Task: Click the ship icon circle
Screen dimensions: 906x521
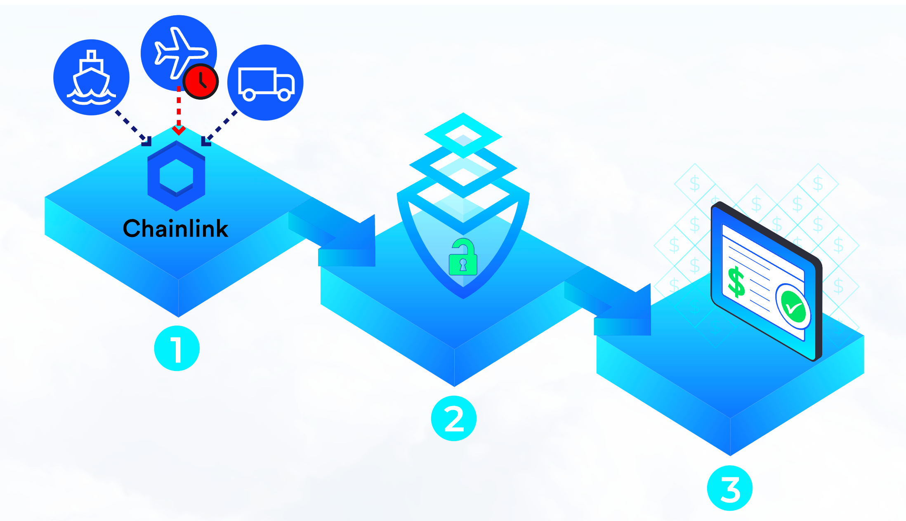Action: coord(91,77)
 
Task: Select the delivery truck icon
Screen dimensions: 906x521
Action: coord(266,83)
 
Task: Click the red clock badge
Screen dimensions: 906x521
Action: coord(201,81)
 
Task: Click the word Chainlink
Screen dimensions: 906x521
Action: coord(175,229)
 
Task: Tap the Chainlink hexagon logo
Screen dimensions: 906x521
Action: coord(176,176)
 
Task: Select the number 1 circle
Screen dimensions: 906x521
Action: coord(177,348)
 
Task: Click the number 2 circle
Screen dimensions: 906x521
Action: coord(453,418)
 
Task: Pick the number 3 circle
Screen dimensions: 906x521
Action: coord(729,488)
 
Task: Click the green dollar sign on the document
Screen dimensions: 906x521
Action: coord(736,282)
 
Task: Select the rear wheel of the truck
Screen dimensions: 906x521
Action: coord(249,95)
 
